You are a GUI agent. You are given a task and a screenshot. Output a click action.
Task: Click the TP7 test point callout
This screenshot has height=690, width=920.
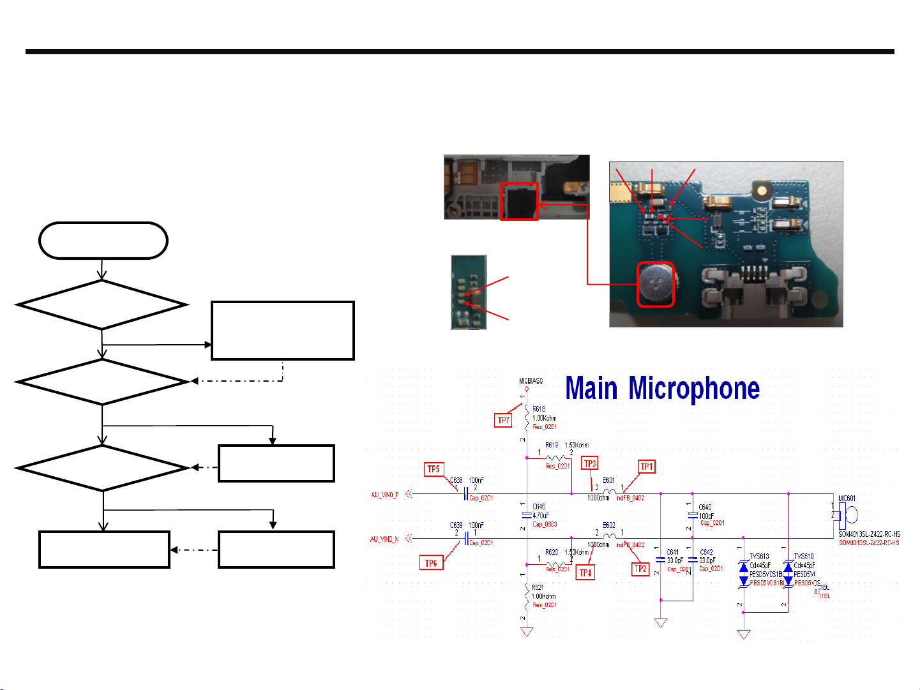(504, 420)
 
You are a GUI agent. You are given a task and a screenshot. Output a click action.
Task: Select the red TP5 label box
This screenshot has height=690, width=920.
(434, 469)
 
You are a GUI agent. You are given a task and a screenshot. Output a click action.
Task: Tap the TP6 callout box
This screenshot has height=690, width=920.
(431, 563)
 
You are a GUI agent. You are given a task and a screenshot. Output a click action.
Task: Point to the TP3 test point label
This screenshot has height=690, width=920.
(589, 464)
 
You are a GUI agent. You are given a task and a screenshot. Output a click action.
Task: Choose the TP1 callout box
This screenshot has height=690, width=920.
(647, 467)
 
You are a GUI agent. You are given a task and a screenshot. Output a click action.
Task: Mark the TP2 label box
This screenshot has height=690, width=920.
(640, 569)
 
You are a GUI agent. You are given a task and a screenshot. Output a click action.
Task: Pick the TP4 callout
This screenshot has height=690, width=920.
(585, 573)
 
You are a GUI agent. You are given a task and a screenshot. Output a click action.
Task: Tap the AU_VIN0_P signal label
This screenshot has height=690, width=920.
(384, 495)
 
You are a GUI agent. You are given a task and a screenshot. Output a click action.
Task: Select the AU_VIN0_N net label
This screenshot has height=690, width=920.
(384, 539)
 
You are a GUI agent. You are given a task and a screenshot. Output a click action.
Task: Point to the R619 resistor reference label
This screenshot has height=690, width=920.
(552, 446)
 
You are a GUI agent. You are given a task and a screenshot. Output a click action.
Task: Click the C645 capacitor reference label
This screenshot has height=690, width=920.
(539, 507)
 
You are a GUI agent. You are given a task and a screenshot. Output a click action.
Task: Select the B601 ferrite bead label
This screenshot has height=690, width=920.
(609, 481)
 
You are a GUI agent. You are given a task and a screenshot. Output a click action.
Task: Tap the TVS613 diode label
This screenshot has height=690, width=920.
(759, 557)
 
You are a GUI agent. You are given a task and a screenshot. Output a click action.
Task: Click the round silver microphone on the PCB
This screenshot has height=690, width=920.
(655, 283)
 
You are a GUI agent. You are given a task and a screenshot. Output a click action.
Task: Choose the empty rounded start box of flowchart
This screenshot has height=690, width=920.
(103, 241)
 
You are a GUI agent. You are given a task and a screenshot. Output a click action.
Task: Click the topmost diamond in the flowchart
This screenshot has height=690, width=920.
(102, 304)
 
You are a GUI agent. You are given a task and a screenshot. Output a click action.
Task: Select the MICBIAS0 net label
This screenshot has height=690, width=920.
(531, 381)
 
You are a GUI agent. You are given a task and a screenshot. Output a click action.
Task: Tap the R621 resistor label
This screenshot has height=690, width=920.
(538, 587)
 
